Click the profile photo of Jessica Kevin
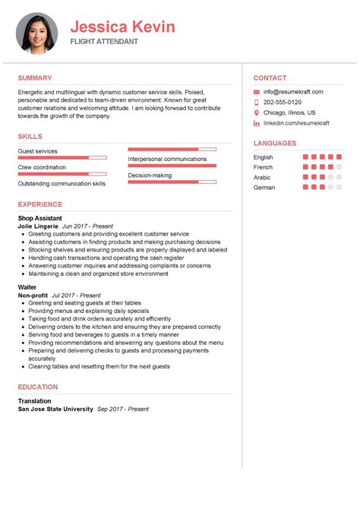coord(38,32)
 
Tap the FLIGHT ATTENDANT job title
coord(105,42)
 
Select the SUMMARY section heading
coord(35,77)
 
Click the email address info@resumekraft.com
coord(293,92)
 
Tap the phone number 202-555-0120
coord(283,102)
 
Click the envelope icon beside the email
coord(257,92)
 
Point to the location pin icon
coord(257,112)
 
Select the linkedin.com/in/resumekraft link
coord(295,122)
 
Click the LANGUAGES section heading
coord(275,143)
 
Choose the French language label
coord(263,167)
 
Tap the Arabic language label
coord(262,177)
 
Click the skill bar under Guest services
coord(62,158)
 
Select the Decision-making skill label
coord(150,175)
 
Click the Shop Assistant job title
coord(40,218)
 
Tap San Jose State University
coord(55,409)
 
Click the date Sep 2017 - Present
coord(123,409)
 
